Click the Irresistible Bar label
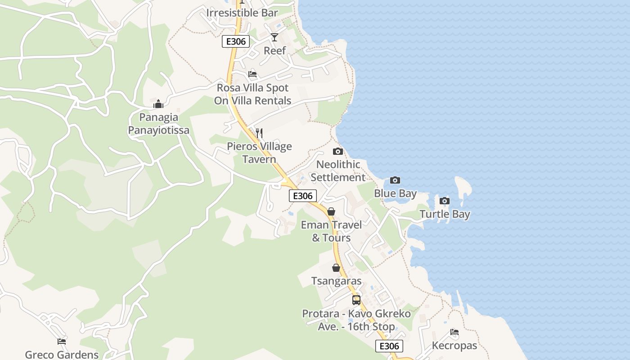coord(242,13)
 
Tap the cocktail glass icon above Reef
coord(274,37)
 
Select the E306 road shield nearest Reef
coord(236,42)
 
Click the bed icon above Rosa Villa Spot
coord(252,74)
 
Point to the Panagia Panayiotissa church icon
coord(158,104)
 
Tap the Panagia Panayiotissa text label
coord(158,124)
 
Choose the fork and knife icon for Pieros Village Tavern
coord(259,133)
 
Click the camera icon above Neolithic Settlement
coord(337,151)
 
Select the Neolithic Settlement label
coord(338,171)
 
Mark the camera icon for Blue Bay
coord(395,180)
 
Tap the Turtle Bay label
coord(445,214)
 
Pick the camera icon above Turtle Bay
coord(445,201)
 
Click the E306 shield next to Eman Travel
coord(303,196)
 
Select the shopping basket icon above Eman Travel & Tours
coord(331,211)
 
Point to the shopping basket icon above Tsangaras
coord(336,268)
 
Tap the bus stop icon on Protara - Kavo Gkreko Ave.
coord(356,300)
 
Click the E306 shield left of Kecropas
coord(389,346)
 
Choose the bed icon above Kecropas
coord(454,333)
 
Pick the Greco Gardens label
coord(62,355)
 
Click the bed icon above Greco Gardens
coord(62,342)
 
